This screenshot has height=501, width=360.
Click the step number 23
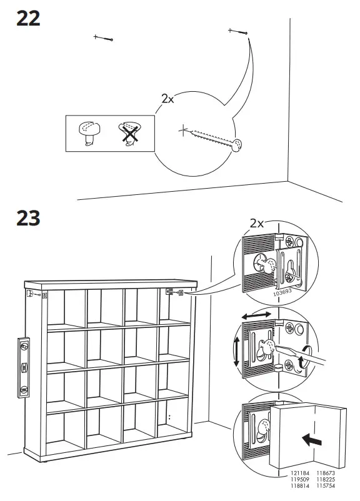click(28, 218)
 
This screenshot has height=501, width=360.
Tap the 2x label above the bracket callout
click(256, 223)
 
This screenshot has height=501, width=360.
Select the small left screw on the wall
click(104, 38)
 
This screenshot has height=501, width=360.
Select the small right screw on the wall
click(239, 31)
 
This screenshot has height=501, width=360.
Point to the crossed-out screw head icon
click(129, 133)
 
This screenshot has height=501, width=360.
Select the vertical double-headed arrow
click(236, 351)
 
